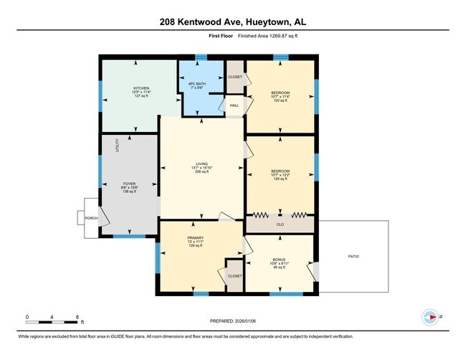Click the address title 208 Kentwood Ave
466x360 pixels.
(232, 22)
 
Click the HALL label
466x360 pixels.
(234, 105)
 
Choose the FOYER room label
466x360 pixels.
(130, 184)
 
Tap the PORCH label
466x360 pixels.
(91, 218)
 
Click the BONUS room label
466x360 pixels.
(280, 260)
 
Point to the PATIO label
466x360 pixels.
(353, 256)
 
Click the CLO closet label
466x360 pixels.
(280, 224)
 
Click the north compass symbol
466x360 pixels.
(431, 316)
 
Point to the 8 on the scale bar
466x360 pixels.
(77, 316)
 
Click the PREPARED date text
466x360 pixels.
(232, 321)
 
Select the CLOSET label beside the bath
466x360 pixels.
(234, 77)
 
